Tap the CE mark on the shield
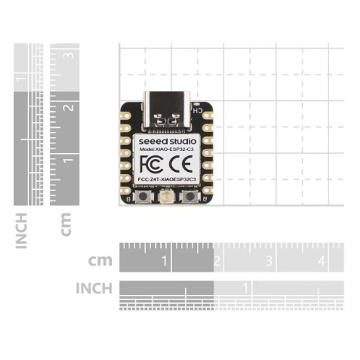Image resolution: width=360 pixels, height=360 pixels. [x=182, y=164]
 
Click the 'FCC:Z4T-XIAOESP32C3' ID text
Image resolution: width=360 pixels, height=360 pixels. [x=167, y=179]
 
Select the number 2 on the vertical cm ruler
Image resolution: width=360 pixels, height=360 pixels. [x=69, y=107]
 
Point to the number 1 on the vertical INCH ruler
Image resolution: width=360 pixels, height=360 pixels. [x=22, y=78]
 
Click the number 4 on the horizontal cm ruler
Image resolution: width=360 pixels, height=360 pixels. [x=321, y=261]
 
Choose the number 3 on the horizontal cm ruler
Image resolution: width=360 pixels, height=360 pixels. [x=269, y=261]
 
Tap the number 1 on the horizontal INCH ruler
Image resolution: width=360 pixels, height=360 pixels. [x=246, y=286]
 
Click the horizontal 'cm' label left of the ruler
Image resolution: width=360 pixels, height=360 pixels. [x=100, y=260]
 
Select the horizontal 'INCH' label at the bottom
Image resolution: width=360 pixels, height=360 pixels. [x=94, y=288]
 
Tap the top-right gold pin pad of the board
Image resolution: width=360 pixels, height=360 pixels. [x=207, y=115]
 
